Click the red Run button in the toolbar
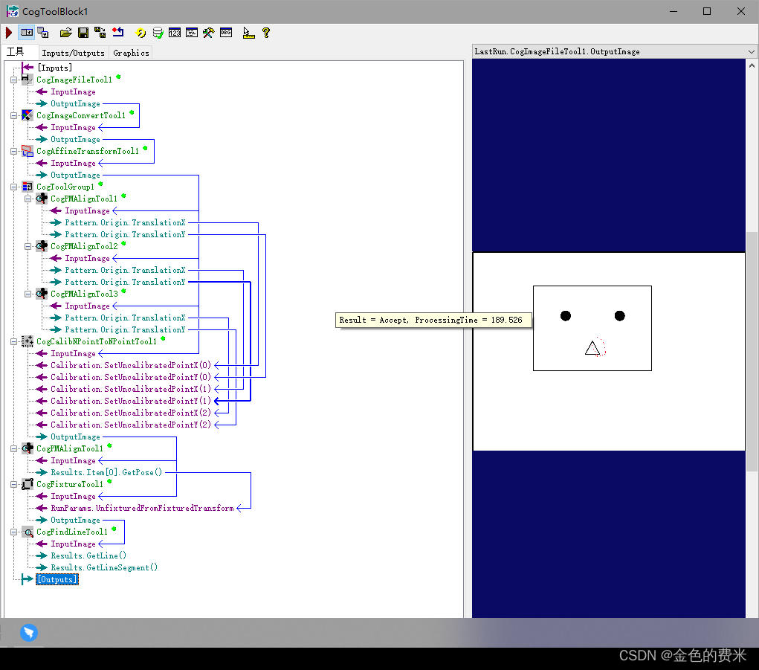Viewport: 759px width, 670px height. [9, 33]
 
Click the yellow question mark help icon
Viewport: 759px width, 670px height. [265, 33]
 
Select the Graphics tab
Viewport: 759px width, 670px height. [131, 53]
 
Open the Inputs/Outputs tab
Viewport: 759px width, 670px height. [73, 53]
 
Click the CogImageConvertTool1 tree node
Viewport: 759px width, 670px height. [81, 115]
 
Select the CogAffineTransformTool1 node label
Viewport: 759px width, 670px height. [88, 151]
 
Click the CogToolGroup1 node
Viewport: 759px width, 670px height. [65, 187]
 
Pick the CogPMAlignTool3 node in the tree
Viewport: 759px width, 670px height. [84, 294]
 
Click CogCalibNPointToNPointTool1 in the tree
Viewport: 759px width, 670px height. [97, 341]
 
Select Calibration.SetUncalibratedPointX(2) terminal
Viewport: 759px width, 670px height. [131, 413]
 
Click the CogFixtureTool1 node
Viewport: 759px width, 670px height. [70, 484]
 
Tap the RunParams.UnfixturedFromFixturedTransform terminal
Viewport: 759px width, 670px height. [142, 508]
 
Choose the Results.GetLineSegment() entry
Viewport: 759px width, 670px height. [104, 567]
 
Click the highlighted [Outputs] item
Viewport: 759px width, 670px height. [57, 579]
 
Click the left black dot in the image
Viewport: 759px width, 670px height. [566, 316]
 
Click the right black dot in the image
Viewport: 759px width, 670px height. [619, 316]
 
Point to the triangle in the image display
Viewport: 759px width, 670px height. [592, 349]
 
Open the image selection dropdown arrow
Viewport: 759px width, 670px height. [752, 52]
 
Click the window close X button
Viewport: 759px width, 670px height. [740, 11]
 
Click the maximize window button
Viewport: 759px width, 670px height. [707, 11]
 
